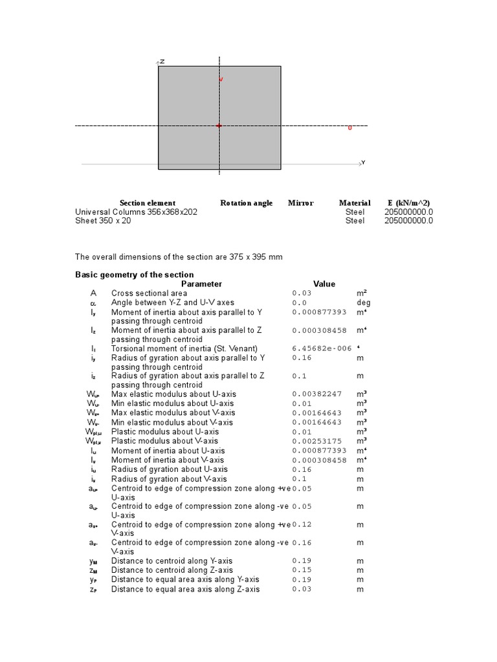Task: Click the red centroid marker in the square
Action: (219, 125)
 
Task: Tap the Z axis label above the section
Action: (162, 61)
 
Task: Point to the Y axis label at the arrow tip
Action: (363, 163)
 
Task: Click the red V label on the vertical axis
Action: (221, 79)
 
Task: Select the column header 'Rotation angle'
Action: (246, 203)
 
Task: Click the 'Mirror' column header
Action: (300, 203)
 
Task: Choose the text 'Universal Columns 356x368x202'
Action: (137, 212)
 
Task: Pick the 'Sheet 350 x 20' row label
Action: (102, 221)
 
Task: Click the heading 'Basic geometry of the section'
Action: (135, 275)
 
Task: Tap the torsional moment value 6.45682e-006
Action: (322, 348)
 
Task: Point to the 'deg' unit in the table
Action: (364, 303)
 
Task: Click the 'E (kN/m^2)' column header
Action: (408, 203)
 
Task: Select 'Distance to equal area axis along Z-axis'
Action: (185, 590)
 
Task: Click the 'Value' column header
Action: (324, 284)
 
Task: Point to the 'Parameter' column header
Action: (201, 284)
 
